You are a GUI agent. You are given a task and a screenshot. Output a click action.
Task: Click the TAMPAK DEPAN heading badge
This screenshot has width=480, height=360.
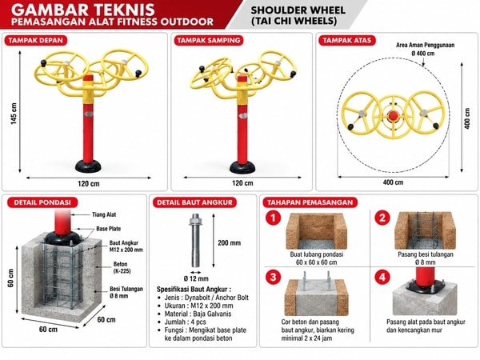coord(35,41)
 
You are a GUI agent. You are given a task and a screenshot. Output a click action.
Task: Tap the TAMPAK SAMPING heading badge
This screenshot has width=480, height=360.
coord(209,41)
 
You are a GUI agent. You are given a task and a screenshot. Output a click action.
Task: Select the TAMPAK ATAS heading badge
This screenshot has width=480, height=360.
coord(347,41)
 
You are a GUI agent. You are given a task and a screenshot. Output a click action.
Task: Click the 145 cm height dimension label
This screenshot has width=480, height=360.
coord(14,114)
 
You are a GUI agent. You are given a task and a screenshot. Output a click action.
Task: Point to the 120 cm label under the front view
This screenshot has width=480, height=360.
coord(89,184)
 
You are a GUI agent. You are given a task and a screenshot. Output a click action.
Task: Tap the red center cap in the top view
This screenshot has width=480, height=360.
coord(393,116)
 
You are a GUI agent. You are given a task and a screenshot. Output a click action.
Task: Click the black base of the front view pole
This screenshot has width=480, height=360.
coord(88,166)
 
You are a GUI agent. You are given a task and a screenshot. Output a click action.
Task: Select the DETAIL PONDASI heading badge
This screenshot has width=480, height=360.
coord(42,202)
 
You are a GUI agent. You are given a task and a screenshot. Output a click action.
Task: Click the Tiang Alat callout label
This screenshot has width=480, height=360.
coord(104,214)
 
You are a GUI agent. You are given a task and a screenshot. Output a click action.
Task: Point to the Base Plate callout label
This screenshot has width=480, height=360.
coord(108,229)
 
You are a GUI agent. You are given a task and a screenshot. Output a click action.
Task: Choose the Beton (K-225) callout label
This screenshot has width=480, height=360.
coord(122,267)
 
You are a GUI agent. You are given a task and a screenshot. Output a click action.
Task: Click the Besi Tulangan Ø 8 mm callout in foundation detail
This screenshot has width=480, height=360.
coord(126,292)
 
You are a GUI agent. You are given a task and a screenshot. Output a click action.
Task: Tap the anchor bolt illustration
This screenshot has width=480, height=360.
coord(195,240)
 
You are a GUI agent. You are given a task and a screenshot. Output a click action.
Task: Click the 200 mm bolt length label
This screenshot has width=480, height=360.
coord(230,243)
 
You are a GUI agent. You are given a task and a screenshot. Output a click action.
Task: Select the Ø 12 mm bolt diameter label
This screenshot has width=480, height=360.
coord(196,278)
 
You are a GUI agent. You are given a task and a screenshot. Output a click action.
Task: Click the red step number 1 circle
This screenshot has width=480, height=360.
coord(273,218)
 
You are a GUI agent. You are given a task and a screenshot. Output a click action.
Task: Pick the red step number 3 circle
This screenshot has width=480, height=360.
coord(273,278)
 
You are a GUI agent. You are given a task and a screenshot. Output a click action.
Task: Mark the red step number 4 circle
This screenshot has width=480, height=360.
coord(382,278)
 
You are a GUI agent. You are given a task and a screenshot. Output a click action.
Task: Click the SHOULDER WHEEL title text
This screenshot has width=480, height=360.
coord(298,10)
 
